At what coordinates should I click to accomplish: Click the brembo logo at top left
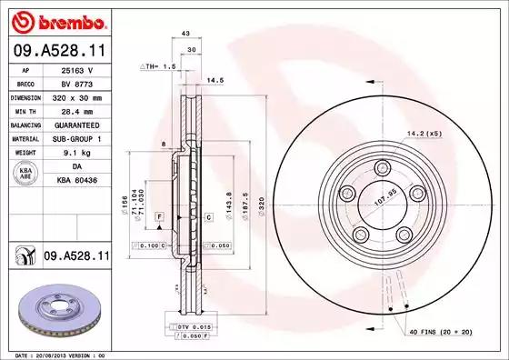point(56,20)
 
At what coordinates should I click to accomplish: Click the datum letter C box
point(208,217)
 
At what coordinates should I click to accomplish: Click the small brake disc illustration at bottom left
point(55,311)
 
